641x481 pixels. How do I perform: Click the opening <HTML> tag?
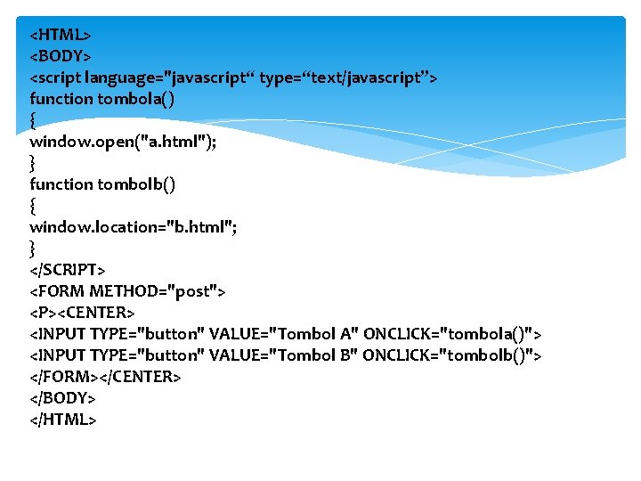61,35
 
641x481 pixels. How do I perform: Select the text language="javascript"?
170,77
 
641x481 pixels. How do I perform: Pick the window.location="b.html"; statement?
133,227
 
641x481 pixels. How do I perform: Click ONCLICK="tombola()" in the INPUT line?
449,334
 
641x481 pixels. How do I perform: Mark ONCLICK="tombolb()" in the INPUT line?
449,355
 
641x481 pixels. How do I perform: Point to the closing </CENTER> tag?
139,377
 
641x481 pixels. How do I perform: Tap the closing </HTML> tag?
63,420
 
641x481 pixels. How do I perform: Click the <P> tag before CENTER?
44,313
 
